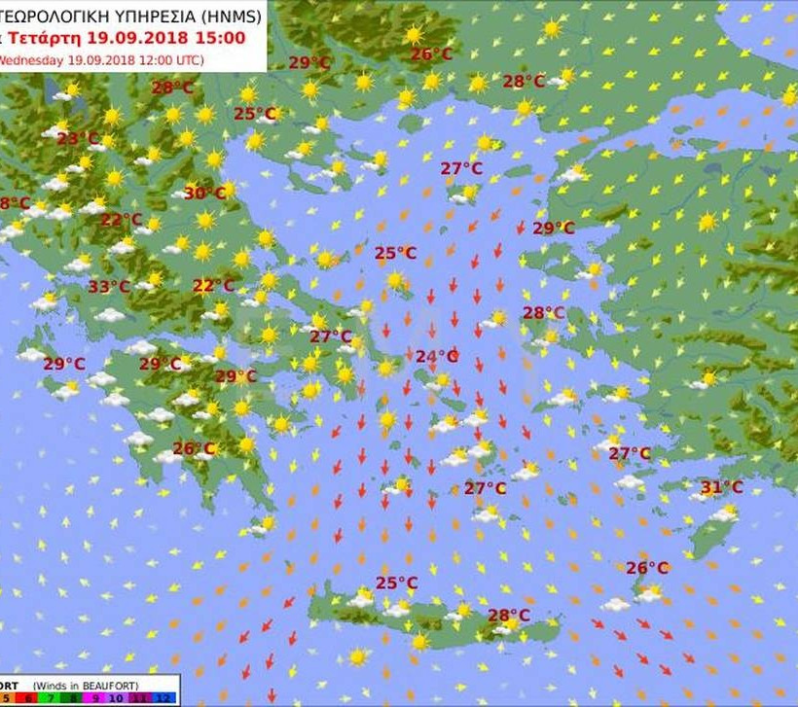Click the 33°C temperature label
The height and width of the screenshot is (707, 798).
point(109,287)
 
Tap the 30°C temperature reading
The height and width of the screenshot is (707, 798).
point(204,193)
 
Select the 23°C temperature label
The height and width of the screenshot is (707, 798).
point(77,139)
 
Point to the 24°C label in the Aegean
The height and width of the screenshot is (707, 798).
point(437,357)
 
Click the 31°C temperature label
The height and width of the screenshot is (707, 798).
point(721,487)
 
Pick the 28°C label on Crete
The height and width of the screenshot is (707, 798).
point(509,616)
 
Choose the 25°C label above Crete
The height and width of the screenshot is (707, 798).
point(396,583)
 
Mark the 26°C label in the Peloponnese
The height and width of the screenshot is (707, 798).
point(193,448)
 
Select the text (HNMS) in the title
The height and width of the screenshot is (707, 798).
point(227,16)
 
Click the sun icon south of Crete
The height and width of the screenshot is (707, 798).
point(357,657)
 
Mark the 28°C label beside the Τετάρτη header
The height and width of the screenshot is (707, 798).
point(172,88)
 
